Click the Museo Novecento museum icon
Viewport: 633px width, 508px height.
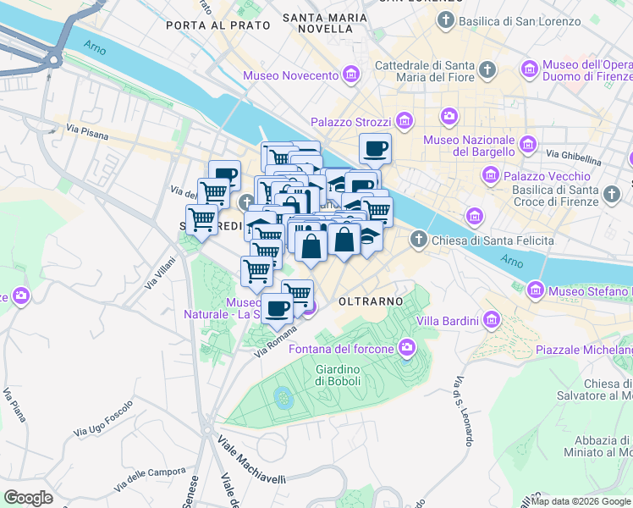(351, 76)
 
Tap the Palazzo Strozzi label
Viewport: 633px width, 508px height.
(351, 123)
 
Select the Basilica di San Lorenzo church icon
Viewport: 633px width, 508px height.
(444, 19)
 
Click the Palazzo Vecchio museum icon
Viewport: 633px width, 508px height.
(490, 176)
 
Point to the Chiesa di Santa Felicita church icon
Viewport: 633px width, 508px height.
(418, 240)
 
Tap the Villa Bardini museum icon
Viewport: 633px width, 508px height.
(492, 321)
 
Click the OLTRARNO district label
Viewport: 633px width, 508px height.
(369, 301)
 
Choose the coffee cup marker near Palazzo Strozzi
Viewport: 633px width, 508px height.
(375, 149)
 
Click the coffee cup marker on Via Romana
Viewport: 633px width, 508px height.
(277, 308)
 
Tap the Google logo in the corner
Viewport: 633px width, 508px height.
(29, 497)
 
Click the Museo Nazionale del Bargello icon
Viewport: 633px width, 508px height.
(531, 143)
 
